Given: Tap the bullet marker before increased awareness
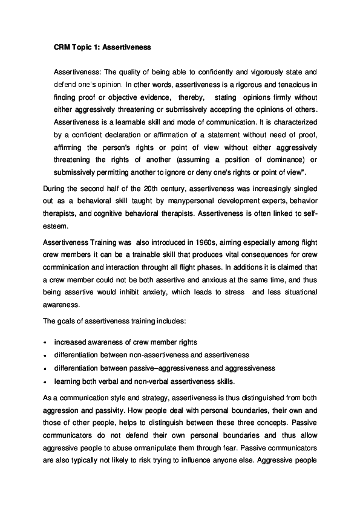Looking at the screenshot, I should coord(46,343).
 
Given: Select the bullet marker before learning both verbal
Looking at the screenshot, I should coord(46,381).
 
